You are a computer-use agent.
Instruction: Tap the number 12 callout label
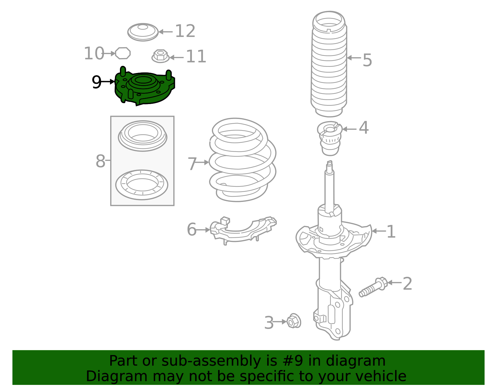tap(185, 31)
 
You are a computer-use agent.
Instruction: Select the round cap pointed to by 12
tap(143, 32)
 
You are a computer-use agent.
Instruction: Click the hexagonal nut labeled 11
tap(160, 56)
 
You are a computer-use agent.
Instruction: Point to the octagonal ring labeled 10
tap(123, 53)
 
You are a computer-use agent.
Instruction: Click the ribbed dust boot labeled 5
tap(329, 65)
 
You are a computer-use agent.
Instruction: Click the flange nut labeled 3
tap(293, 321)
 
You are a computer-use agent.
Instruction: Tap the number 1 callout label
tap(391, 232)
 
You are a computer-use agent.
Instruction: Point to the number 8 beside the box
tap(100, 161)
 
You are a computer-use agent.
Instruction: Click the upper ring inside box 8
tap(143, 135)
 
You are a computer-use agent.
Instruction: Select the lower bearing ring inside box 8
tap(142, 185)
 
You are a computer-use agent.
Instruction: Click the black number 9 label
tap(97, 82)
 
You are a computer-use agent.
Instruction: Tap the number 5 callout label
tap(367, 60)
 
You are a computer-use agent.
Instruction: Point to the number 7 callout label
tap(192, 164)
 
